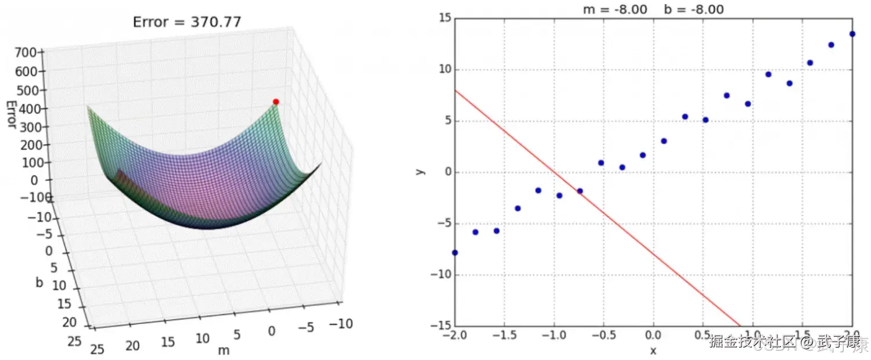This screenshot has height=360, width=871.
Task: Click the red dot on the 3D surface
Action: pyautogui.click(x=276, y=102)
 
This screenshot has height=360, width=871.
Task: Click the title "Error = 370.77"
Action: pyautogui.click(x=187, y=23)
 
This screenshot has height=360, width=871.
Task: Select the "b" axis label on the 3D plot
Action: pyautogui.click(x=39, y=283)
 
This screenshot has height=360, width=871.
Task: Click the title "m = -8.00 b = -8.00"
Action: pyautogui.click(x=653, y=9)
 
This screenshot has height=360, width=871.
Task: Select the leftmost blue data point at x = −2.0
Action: pyautogui.click(x=455, y=253)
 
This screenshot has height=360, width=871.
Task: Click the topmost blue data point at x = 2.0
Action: pyautogui.click(x=852, y=34)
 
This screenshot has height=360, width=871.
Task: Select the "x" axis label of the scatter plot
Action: pyautogui.click(x=653, y=350)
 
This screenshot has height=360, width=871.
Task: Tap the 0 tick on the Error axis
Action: pyautogui.click(x=33, y=180)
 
